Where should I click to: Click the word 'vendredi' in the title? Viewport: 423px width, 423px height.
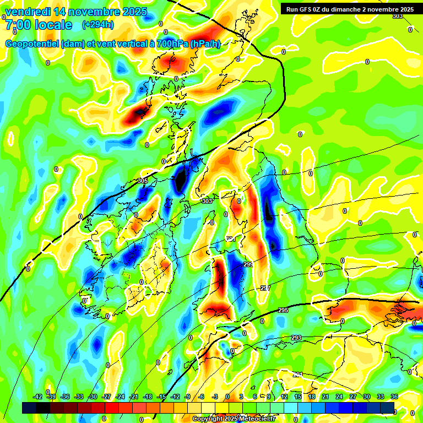tap(26, 12)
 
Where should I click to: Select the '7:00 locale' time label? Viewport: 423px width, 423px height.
tap(39, 25)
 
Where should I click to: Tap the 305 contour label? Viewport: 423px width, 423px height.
tap(143, 181)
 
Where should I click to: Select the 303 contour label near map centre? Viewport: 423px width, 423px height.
tap(207, 202)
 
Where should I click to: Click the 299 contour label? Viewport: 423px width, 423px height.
tap(248, 265)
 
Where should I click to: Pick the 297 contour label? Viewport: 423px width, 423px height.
tap(265, 288)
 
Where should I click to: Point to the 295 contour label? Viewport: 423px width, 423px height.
tap(283, 311)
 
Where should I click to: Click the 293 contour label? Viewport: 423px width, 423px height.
tap(296, 338)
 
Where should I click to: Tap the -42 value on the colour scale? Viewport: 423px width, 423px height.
tap(38, 397)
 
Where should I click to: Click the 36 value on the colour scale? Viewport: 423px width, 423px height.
tap(394, 397)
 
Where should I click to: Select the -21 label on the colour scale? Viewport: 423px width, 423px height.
tap(134, 397)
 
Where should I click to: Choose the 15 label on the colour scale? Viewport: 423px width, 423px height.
tap(298, 397)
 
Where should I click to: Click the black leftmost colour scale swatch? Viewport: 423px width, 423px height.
tap(29, 408)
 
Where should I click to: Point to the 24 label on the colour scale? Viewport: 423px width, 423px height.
tap(339, 397)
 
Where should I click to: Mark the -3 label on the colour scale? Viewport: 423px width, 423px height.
tap(215, 397)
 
